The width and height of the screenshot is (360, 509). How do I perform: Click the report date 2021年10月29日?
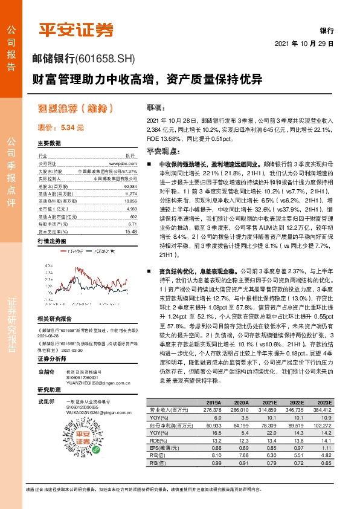click(x=307, y=45)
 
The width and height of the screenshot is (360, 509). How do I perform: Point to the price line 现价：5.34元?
click(x=60, y=128)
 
